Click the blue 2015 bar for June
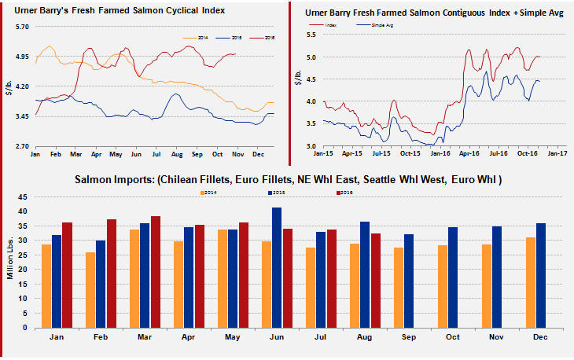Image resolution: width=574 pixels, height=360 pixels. point(277,268)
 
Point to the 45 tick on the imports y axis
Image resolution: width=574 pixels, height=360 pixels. point(24,197)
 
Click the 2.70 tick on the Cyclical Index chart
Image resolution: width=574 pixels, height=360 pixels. point(21,147)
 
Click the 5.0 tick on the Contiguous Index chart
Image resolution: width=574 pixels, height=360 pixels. point(311,57)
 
